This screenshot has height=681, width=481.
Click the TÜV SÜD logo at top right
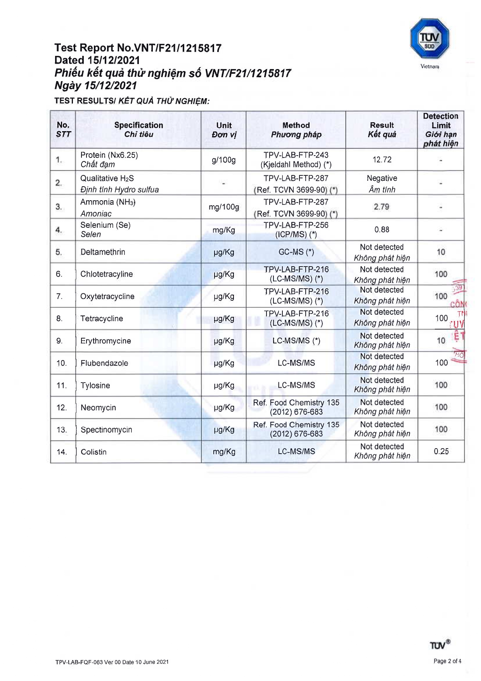pyautogui.click(x=429, y=39)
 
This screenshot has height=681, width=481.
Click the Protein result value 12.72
pyautogui.click(x=382, y=160)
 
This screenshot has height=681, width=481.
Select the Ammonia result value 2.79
pyautogui.click(x=381, y=207)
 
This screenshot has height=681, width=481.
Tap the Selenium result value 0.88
pyautogui.click(x=382, y=230)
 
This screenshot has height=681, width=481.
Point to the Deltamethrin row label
pyautogui.click(x=103, y=252)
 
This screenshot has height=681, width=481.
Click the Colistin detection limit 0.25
pyautogui.click(x=441, y=452)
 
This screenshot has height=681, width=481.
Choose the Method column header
pyautogui.click(x=296, y=130)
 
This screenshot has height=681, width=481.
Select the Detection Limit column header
pyautogui.click(x=441, y=130)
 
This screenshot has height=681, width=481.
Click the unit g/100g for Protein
pyautogui.click(x=223, y=160)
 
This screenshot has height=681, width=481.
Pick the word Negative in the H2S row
pyautogui.click(x=382, y=178)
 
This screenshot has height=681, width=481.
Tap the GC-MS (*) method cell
pyautogui.click(x=296, y=252)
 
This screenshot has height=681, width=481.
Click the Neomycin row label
pyautogui.click(x=98, y=408)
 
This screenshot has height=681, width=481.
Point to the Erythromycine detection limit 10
pyautogui.click(x=441, y=341)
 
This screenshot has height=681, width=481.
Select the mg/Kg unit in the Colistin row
pyautogui.click(x=224, y=452)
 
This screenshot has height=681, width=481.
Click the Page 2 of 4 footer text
pyautogui.click(x=447, y=661)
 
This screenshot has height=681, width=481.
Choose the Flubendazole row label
pyautogui.click(x=104, y=363)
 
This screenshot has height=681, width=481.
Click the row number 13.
pyautogui.click(x=62, y=430)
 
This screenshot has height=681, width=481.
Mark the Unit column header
pyautogui.click(x=224, y=130)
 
